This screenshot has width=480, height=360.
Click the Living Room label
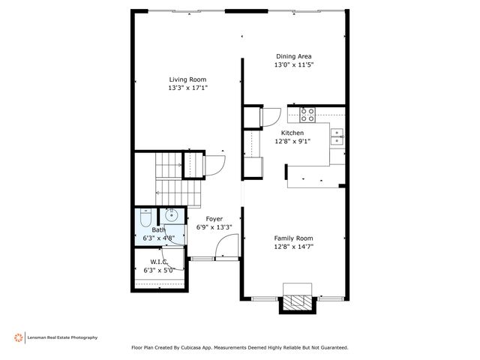click(187, 79)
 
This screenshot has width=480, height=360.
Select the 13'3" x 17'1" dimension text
click(187, 88)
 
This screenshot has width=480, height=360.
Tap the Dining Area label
click(293, 56)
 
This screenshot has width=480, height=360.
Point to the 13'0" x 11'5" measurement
click(293, 65)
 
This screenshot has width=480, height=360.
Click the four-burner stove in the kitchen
click(307, 114)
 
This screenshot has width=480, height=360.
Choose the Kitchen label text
click(292, 132)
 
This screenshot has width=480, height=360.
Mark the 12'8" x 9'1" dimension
click(292, 140)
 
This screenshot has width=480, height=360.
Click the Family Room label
click(293, 237)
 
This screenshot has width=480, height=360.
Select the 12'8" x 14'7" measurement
click(293, 245)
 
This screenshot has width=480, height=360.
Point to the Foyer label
click(214, 219)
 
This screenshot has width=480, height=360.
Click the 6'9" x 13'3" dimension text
click(214, 227)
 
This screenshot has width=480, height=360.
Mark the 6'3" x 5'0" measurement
click(158, 270)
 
